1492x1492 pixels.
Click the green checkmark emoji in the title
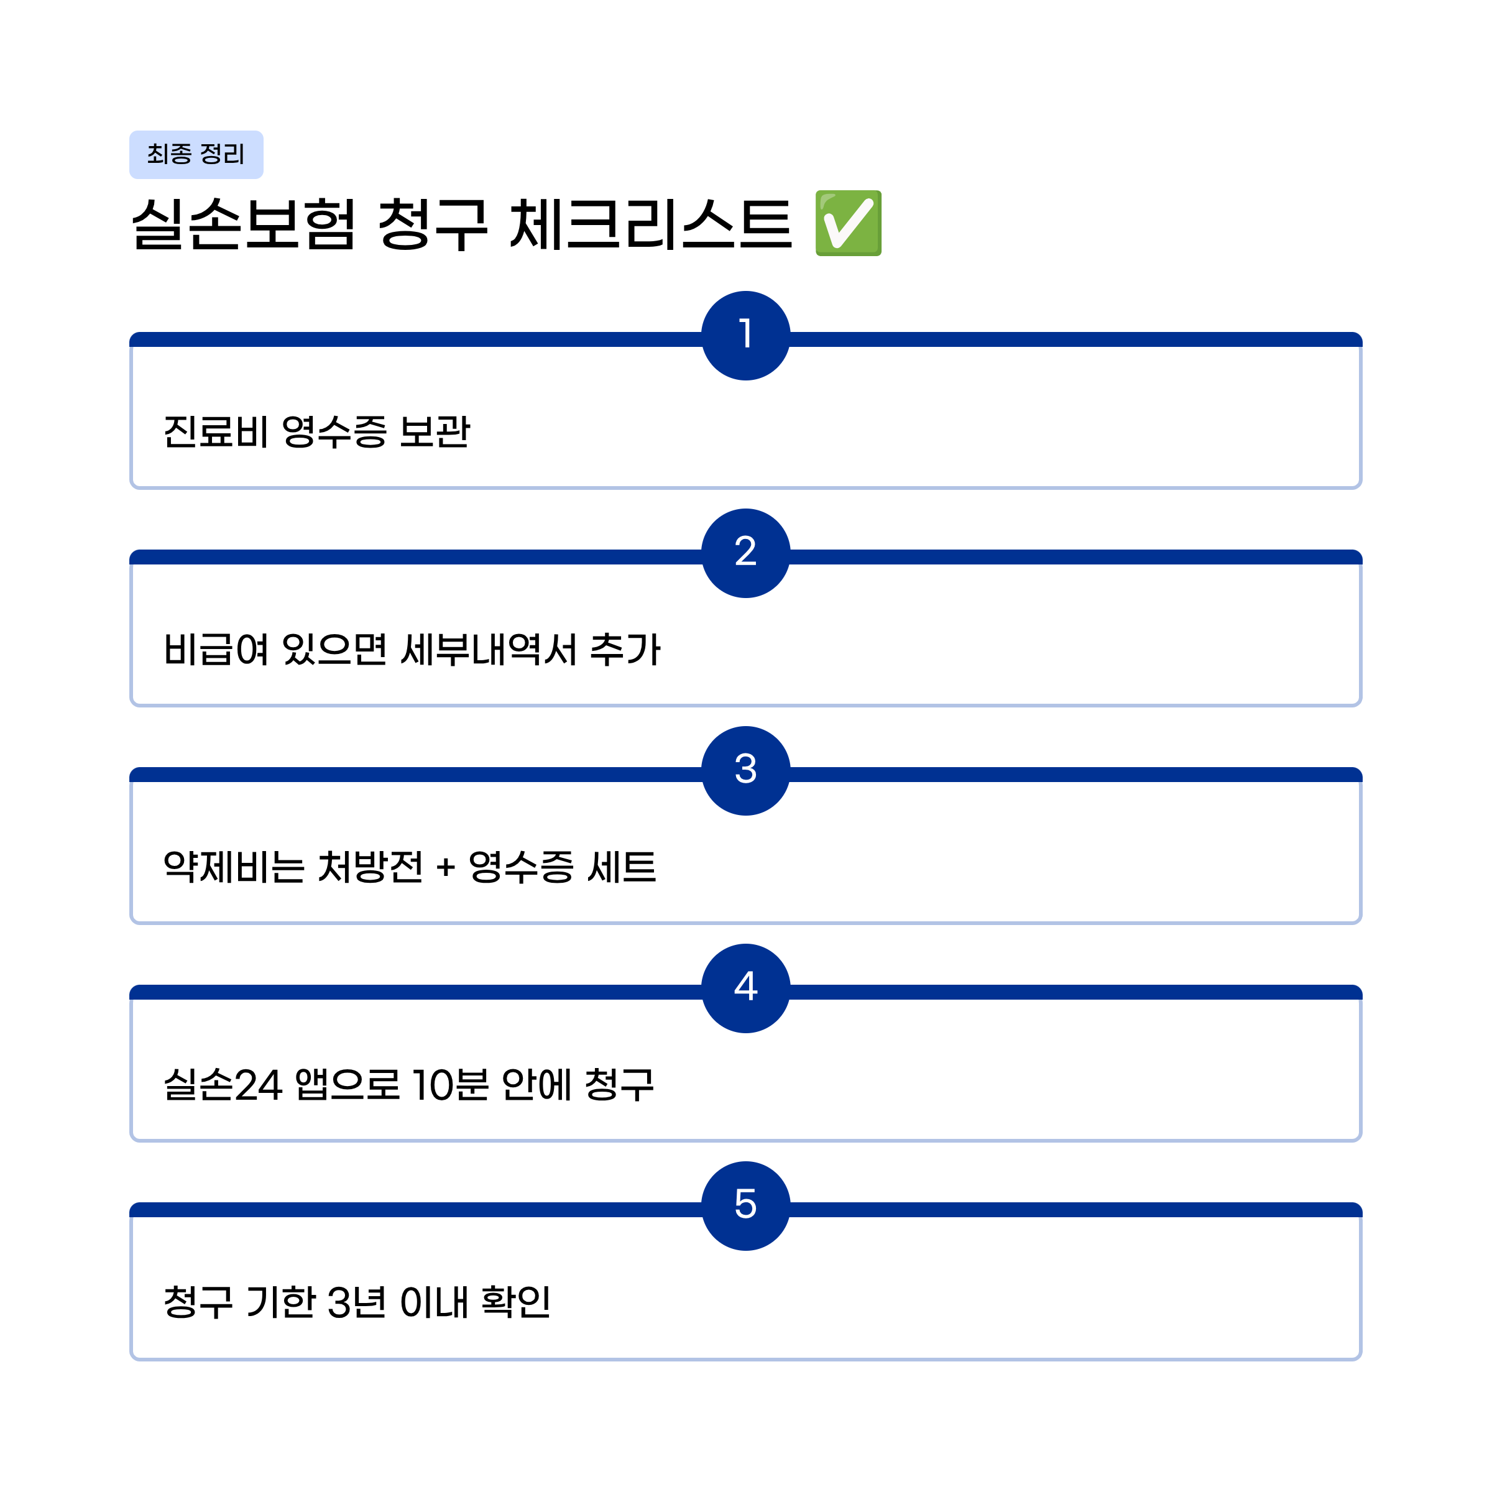[848, 223]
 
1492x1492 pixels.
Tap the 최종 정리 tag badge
[196, 154]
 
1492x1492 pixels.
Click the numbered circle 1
[745, 335]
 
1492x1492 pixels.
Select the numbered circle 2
[745, 553]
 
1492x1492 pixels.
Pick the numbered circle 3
[745, 771]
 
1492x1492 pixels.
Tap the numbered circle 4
[745, 988]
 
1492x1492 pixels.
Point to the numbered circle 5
[745, 1206]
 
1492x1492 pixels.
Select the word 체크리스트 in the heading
[650, 224]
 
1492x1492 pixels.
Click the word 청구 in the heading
[433, 224]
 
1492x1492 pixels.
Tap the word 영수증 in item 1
[334, 431]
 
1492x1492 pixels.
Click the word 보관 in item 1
[435, 431]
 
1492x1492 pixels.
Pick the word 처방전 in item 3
[371, 867]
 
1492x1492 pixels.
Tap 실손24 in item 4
[223, 1085]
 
